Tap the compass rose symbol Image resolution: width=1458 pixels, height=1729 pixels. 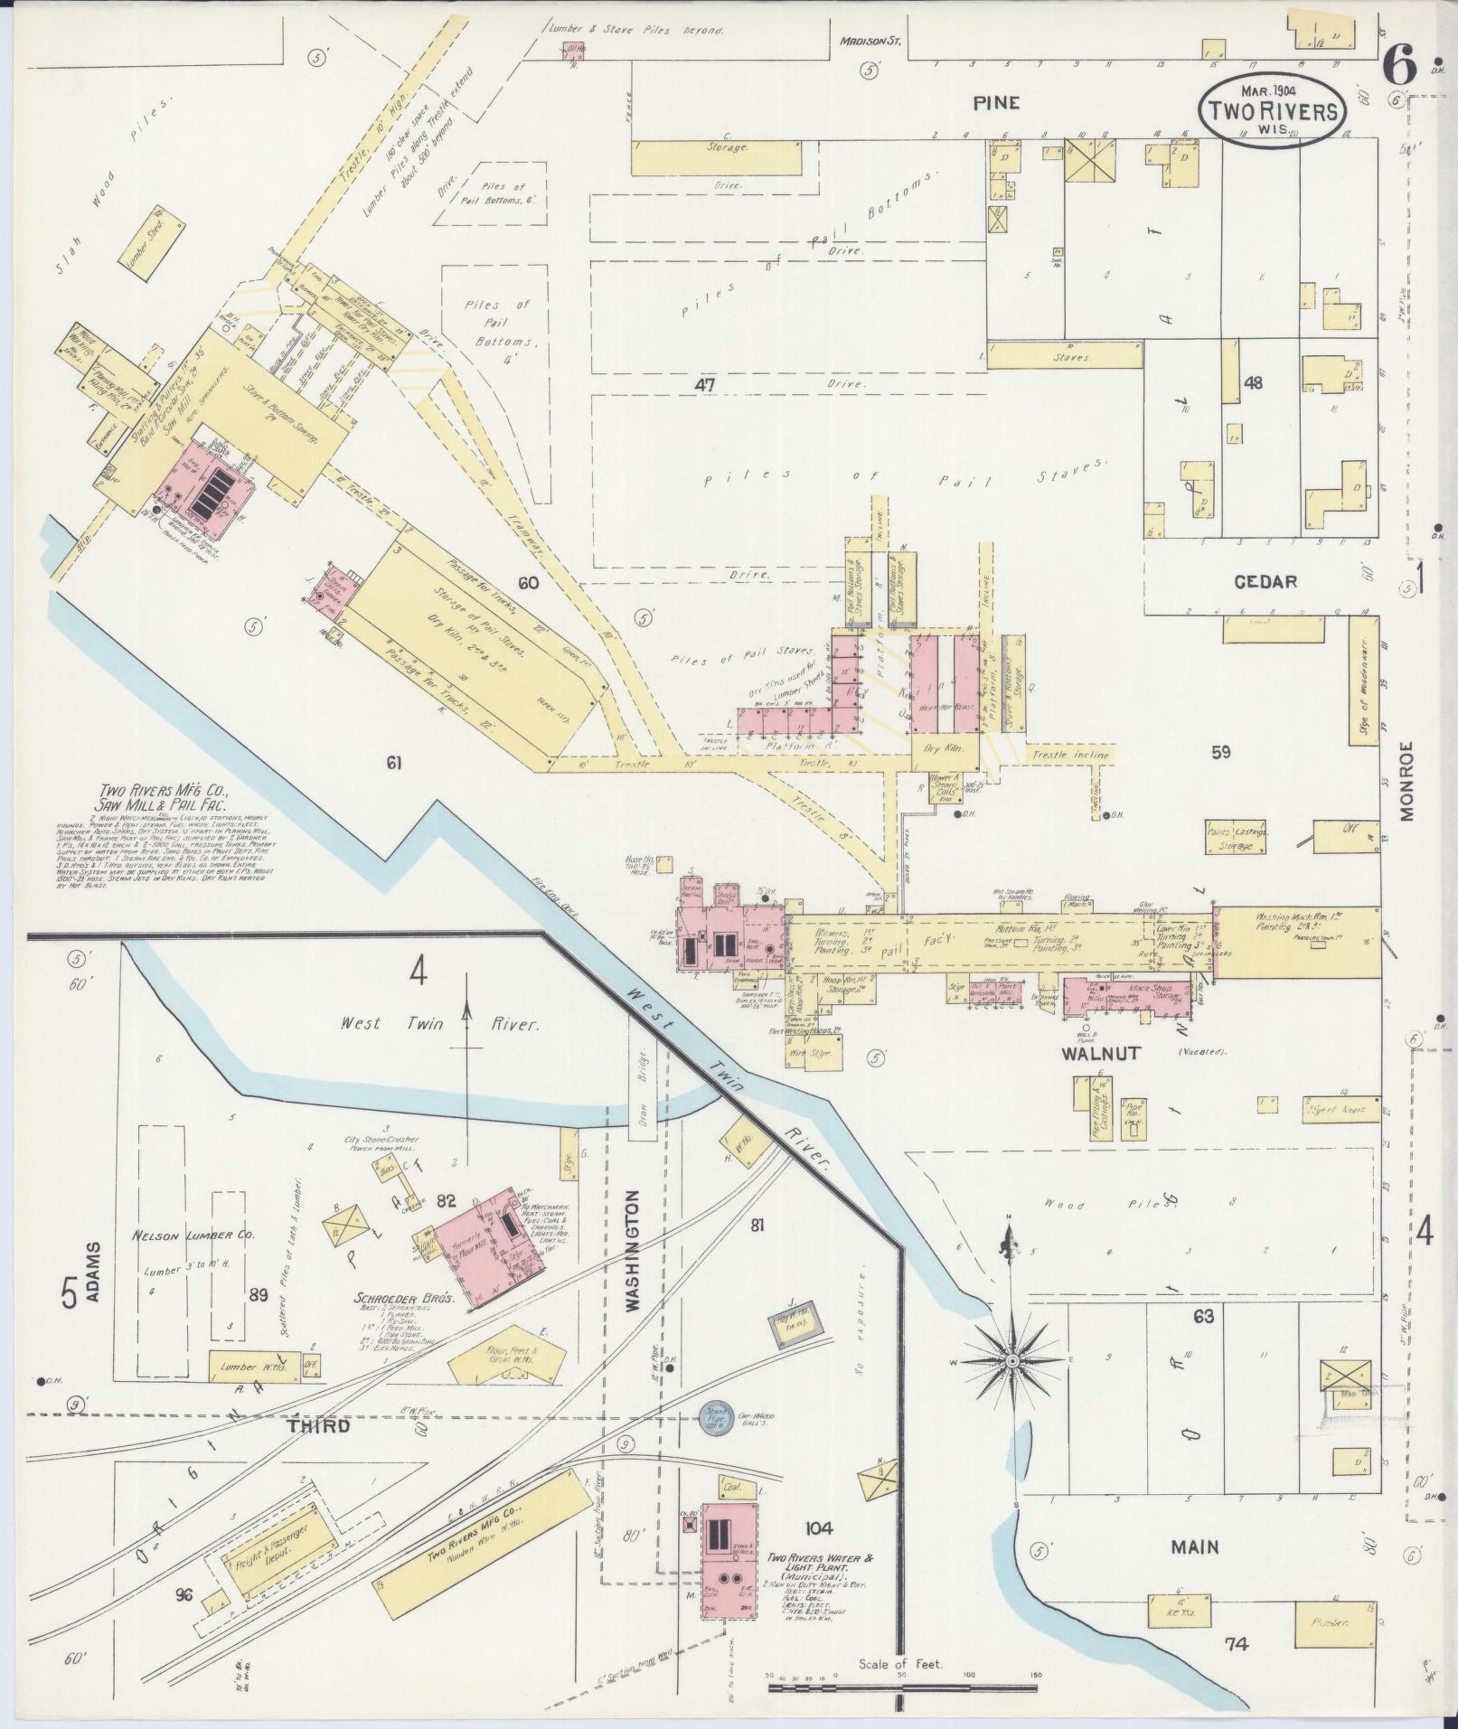pos(1013,1386)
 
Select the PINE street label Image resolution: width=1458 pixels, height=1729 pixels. pos(996,102)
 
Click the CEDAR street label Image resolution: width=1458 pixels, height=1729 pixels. pos(1265,582)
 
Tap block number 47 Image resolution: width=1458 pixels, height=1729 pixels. pos(704,384)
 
